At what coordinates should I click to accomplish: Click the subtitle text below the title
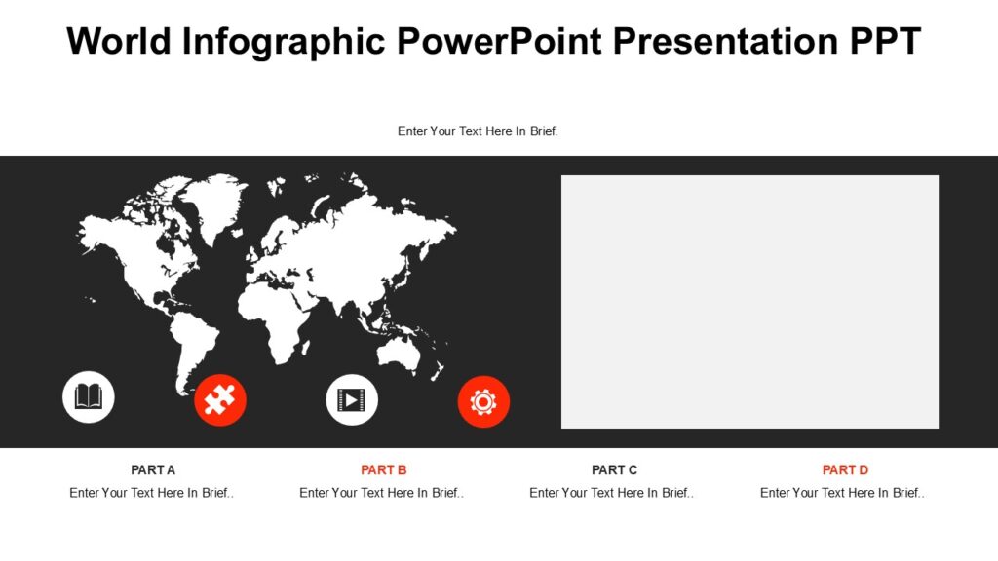[x=478, y=131]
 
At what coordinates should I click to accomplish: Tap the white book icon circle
[x=89, y=397]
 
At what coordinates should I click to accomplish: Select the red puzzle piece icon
[x=220, y=400]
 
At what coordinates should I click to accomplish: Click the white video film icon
[x=352, y=399]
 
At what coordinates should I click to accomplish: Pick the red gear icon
[x=483, y=401]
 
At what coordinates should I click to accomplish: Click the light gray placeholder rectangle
[x=749, y=301]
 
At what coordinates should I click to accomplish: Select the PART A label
[x=153, y=469]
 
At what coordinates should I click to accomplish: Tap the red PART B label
[x=383, y=469]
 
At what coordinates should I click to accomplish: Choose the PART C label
[x=614, y=469]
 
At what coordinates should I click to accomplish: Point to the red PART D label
[x=845, y=469]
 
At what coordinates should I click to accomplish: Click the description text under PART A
[x=151, y=493]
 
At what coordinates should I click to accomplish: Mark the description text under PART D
[x=842, y=493]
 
